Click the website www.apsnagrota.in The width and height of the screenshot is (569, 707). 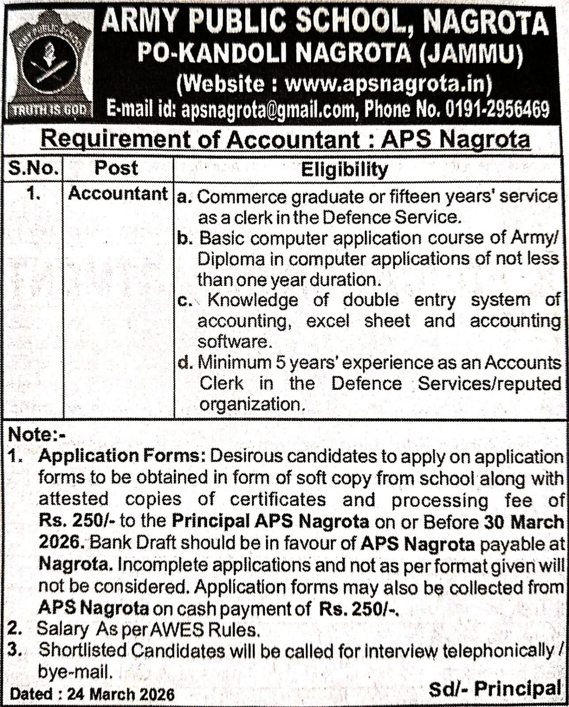[387, 84]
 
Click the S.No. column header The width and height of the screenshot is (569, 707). [33, 168]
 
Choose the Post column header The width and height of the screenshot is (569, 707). [116, 168]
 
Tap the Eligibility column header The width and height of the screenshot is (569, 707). [344, 169]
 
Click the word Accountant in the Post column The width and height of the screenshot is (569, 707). [118, 194]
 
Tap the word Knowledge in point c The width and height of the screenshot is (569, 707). [253, 300]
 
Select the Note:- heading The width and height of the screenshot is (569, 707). [37, 435]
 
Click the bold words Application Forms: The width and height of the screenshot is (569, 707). [122, 456]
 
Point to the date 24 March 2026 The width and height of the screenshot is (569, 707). [121, 694]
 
